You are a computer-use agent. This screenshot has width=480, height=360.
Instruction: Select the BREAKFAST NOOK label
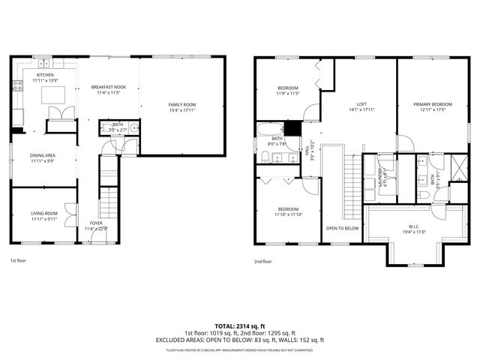(x=109, y=87)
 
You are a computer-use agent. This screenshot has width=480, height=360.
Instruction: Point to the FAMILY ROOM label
(x=181, y=104)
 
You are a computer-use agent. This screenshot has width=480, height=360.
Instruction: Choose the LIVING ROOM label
(x=43, y=214)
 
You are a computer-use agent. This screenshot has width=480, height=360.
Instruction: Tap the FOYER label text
(x=96, y=223)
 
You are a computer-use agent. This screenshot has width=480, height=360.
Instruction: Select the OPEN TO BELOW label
(x=342, y=228)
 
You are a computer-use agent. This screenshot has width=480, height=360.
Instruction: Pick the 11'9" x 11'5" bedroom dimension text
(x=289, y=94)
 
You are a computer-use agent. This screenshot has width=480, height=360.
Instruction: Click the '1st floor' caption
(x=18, y=261)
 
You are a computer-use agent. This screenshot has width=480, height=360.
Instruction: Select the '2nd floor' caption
(x=262, y=261)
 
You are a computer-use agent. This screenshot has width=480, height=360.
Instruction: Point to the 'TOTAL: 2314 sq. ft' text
(x=240, y=325)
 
